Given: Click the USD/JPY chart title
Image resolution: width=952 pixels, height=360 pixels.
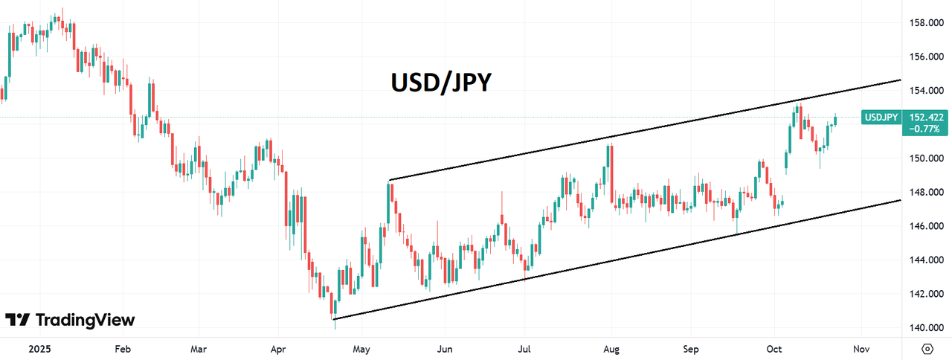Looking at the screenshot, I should click(x=441, y=83).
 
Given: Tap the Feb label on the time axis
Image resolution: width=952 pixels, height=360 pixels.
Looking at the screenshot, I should click(x=123, y=348).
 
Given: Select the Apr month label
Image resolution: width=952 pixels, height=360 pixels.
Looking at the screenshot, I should click(x=278, y=348).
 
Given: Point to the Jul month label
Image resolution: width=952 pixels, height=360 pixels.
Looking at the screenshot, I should click(x=524, y=348).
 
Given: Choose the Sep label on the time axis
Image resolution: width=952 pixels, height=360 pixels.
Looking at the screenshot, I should click(x=692, y=348).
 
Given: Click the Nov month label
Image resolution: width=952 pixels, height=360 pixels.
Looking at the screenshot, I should click(x=861, y=348).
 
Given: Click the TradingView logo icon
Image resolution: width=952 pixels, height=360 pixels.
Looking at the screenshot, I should click(x=17, y=320).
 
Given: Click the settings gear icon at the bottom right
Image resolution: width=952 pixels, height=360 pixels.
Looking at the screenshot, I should click(x=927, y=348).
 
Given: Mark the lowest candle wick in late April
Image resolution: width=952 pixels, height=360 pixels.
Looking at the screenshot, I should click(x=335, y=324).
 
